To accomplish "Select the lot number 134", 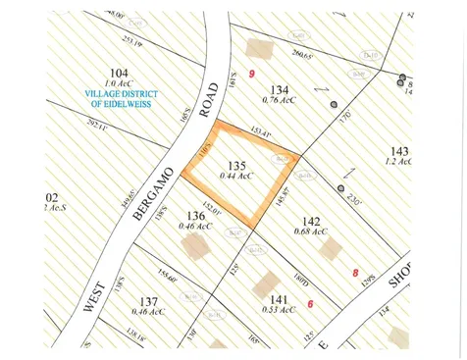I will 281,88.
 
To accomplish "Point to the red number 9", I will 253,74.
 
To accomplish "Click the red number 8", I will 354,276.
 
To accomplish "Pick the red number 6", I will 311,304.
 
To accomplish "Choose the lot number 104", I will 120,74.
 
